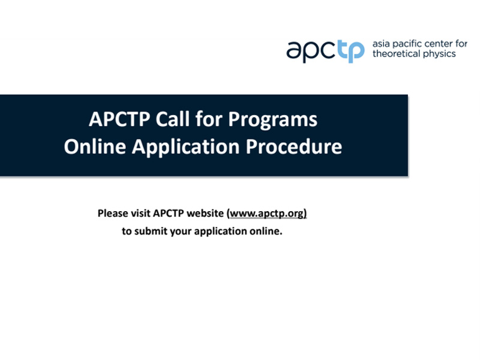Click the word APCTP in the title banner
click(119, 119)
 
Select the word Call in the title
click(172, 119)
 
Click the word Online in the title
click(95, 146)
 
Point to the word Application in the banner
click(186, 148)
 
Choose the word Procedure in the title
click(294, 146)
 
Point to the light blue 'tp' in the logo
click(351, 52)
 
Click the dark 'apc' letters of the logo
click(311, 52)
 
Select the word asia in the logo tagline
click(381, 44)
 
